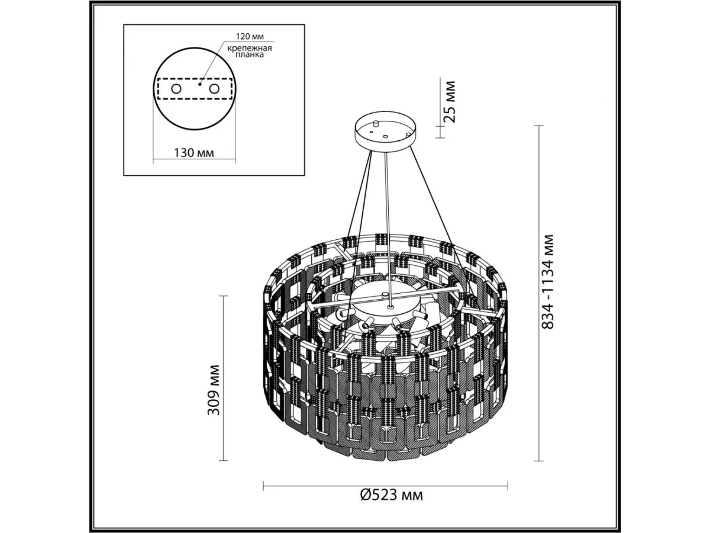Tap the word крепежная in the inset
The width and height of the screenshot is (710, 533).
point(249,49)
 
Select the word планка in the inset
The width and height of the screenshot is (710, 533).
point(250,55)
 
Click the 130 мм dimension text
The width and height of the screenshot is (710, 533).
point(194,152)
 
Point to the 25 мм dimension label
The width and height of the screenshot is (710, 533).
point(449,102)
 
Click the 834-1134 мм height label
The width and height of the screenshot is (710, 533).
point(547,281)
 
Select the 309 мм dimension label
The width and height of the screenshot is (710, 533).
point(214,390)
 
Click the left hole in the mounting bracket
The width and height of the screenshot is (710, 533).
point(176,89)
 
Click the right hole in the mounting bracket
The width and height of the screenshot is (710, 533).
point(214,89)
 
